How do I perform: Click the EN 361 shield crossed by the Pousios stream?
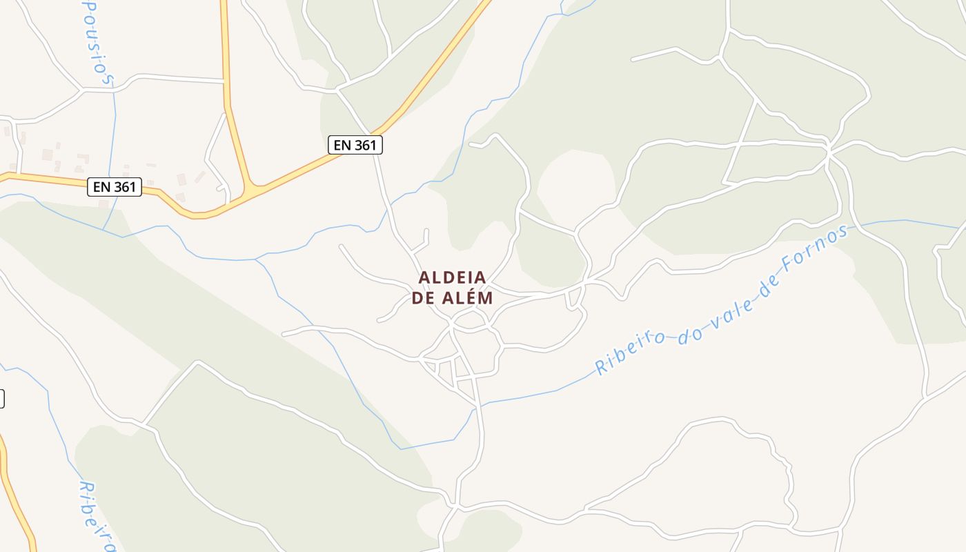pos(115,186)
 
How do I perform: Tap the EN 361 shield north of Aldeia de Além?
pos(354,145)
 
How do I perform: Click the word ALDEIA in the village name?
pos(453,277)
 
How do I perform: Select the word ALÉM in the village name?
pos(468,298)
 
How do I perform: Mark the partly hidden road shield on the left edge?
pos(1,399)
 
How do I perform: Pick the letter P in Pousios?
pos(88,6)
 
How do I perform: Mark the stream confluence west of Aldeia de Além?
pos(257,260)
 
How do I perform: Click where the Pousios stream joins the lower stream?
pos(103,230)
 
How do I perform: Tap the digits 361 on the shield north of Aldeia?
pos(364,145)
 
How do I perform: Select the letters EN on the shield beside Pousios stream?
pos(101,186)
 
